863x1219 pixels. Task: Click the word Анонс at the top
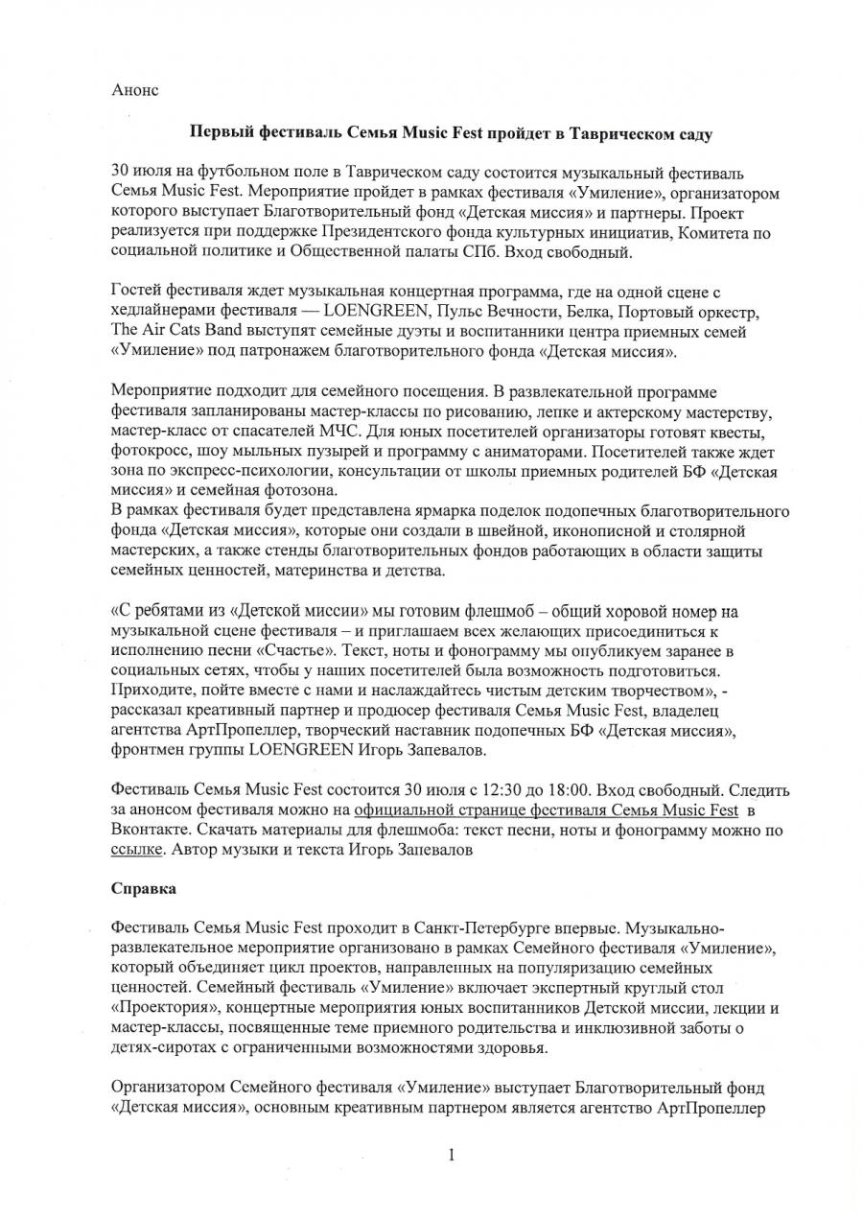point(135,90)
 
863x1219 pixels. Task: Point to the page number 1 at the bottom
point(450,1155)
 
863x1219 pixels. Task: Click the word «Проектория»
point(164,1011)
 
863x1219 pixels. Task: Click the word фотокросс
point(150,451)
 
